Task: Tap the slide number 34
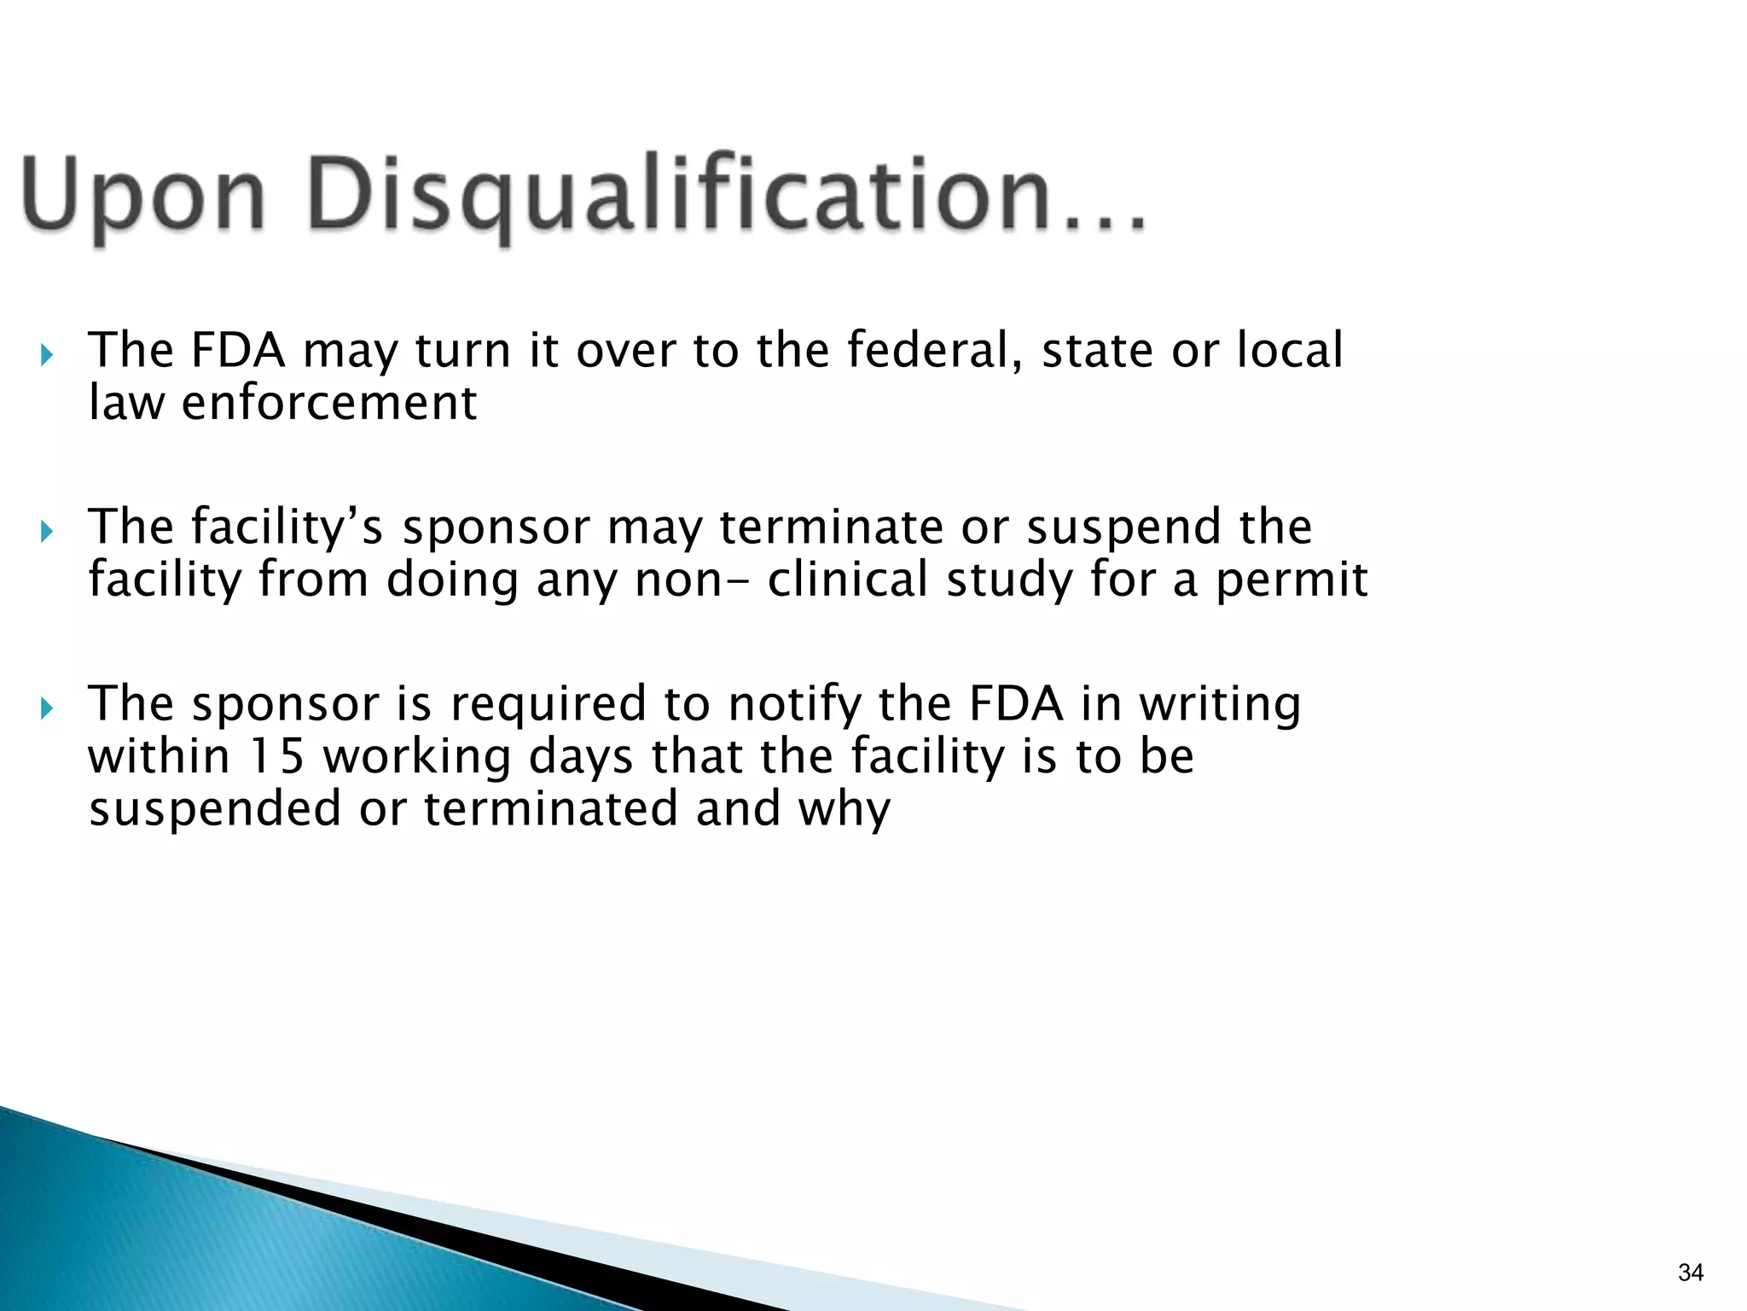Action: tap(1690, 1273)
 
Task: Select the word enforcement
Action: tap(328, 403)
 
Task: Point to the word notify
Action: tap(792, 705)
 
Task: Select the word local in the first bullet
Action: tap(1289, 350)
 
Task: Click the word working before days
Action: tap(415, 756)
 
